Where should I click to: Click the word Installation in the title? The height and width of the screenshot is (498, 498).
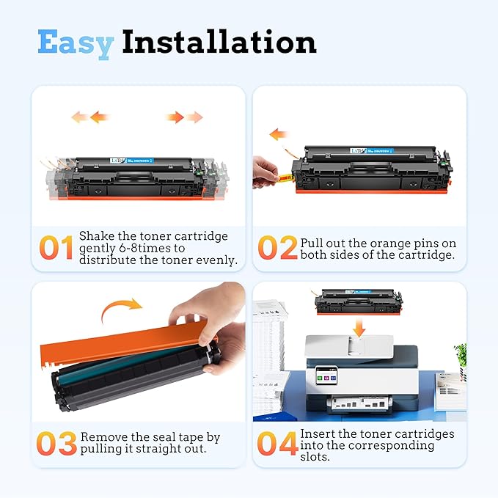[x=219, y=42]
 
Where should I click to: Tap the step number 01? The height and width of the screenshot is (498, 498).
[x=56, y=248]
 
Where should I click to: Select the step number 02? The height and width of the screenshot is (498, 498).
[x=277, y=248]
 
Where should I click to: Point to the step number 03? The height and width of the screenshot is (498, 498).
[x=56, y=443]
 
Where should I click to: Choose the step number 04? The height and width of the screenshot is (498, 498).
[x=277, y=443]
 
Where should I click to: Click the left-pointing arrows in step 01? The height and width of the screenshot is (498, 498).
[x=89, y=117]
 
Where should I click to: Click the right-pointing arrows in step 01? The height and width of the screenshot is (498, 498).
[x=184, y=117]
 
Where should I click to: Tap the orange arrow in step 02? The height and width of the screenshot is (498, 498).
[x=277, y=134]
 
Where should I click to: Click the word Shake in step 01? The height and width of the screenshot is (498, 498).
[x=96, y=236]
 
